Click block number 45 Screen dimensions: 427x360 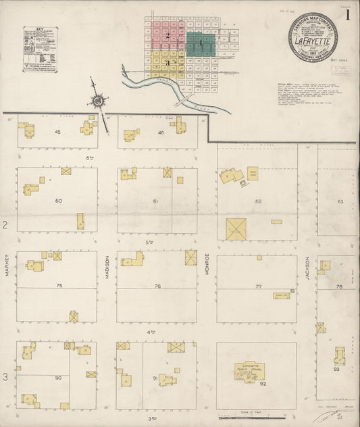(x=57, y=132)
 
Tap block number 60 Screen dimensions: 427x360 (x=59, y=201)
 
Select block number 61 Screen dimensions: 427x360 (x=156, y=201)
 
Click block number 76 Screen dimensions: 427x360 (x=157, y=286)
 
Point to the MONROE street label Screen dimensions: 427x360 (x=207, y=268)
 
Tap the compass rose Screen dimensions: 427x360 (x=98, y=102)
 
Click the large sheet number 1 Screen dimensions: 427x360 (x=347, y=16)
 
